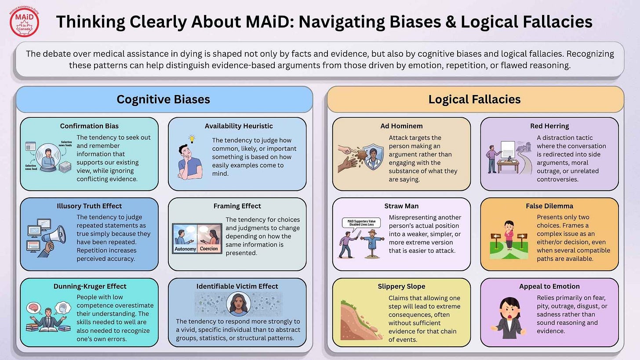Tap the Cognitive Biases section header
point(163,99)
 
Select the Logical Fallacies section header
point(474,99)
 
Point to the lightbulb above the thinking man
point(192,139)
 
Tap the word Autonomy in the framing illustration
point(185,249)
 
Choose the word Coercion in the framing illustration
point(209,249)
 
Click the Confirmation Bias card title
point(89,126)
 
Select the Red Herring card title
point(549,126)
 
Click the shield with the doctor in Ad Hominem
point(373,156)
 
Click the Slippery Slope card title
point(401,286)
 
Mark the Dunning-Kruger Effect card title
point(90,286)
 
